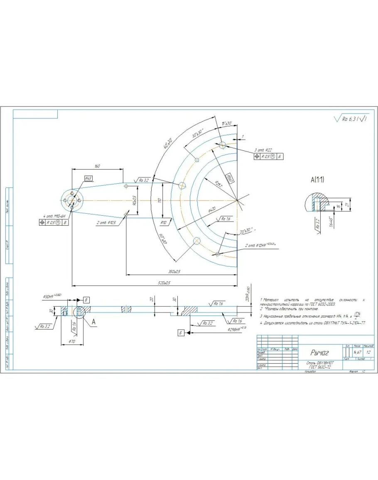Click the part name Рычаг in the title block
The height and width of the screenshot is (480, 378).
pos(319,353)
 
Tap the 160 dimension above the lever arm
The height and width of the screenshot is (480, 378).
pos(97,166)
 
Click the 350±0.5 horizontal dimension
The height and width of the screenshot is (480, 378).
pos(177,272)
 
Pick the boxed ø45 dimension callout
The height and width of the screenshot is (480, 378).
pos(88,178)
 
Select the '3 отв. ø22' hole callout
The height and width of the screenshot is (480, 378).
pos(263,150)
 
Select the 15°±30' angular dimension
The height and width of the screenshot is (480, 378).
pos(227,123)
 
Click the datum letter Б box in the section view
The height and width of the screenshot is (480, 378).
pos(181,332)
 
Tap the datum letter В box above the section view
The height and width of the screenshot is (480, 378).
pos(86,299)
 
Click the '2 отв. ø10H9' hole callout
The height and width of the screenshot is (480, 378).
pos(260,246)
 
